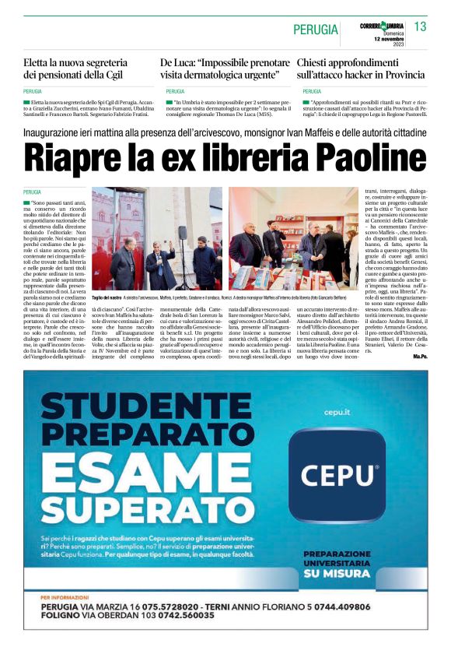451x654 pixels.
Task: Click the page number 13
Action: click(421, 27)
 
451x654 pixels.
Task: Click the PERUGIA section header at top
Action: click(316, 30)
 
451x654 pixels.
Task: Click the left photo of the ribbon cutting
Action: click(157, 237)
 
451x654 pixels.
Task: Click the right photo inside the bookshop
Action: click(292, 237)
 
